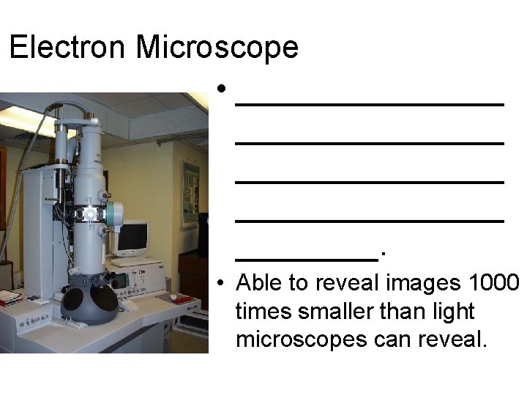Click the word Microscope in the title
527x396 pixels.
tap(217, 48)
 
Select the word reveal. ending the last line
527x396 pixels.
tap(449, 340)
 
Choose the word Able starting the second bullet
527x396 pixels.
tap(254, 282)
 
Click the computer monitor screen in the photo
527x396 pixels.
tap(132, 237)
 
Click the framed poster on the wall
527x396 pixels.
tap(190, 192)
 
